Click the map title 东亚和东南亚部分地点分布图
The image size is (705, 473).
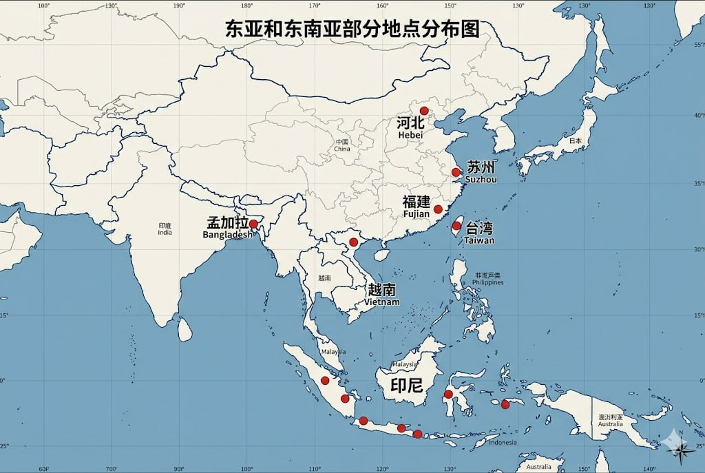(x=352, y=29)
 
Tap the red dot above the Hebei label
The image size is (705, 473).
(x=424, y=111)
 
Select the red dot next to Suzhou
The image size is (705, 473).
(x=456, y=172)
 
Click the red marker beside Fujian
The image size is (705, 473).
(x=438, y=209)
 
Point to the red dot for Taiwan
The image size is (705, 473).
(x=456, y=225)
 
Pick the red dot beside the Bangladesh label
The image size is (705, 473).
(x=253, y=224)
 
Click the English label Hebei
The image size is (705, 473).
(x=410, y=136)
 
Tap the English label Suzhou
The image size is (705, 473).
(x=481, y=180)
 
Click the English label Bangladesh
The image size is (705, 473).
(x=228, y=235)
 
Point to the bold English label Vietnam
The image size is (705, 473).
(x=382, y=302)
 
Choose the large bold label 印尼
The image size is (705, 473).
(x=406, y=385)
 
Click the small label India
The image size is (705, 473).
(x=165, y=233)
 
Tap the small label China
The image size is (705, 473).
(x=342, y=149)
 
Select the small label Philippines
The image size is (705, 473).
(x=488, y=282)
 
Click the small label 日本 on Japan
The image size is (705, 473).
(x=575, y=141)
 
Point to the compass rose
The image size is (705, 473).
(x=682, y=448)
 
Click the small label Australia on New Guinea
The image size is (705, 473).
(x=610, y=423)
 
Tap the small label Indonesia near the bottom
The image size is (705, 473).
(x=503, y=443)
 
